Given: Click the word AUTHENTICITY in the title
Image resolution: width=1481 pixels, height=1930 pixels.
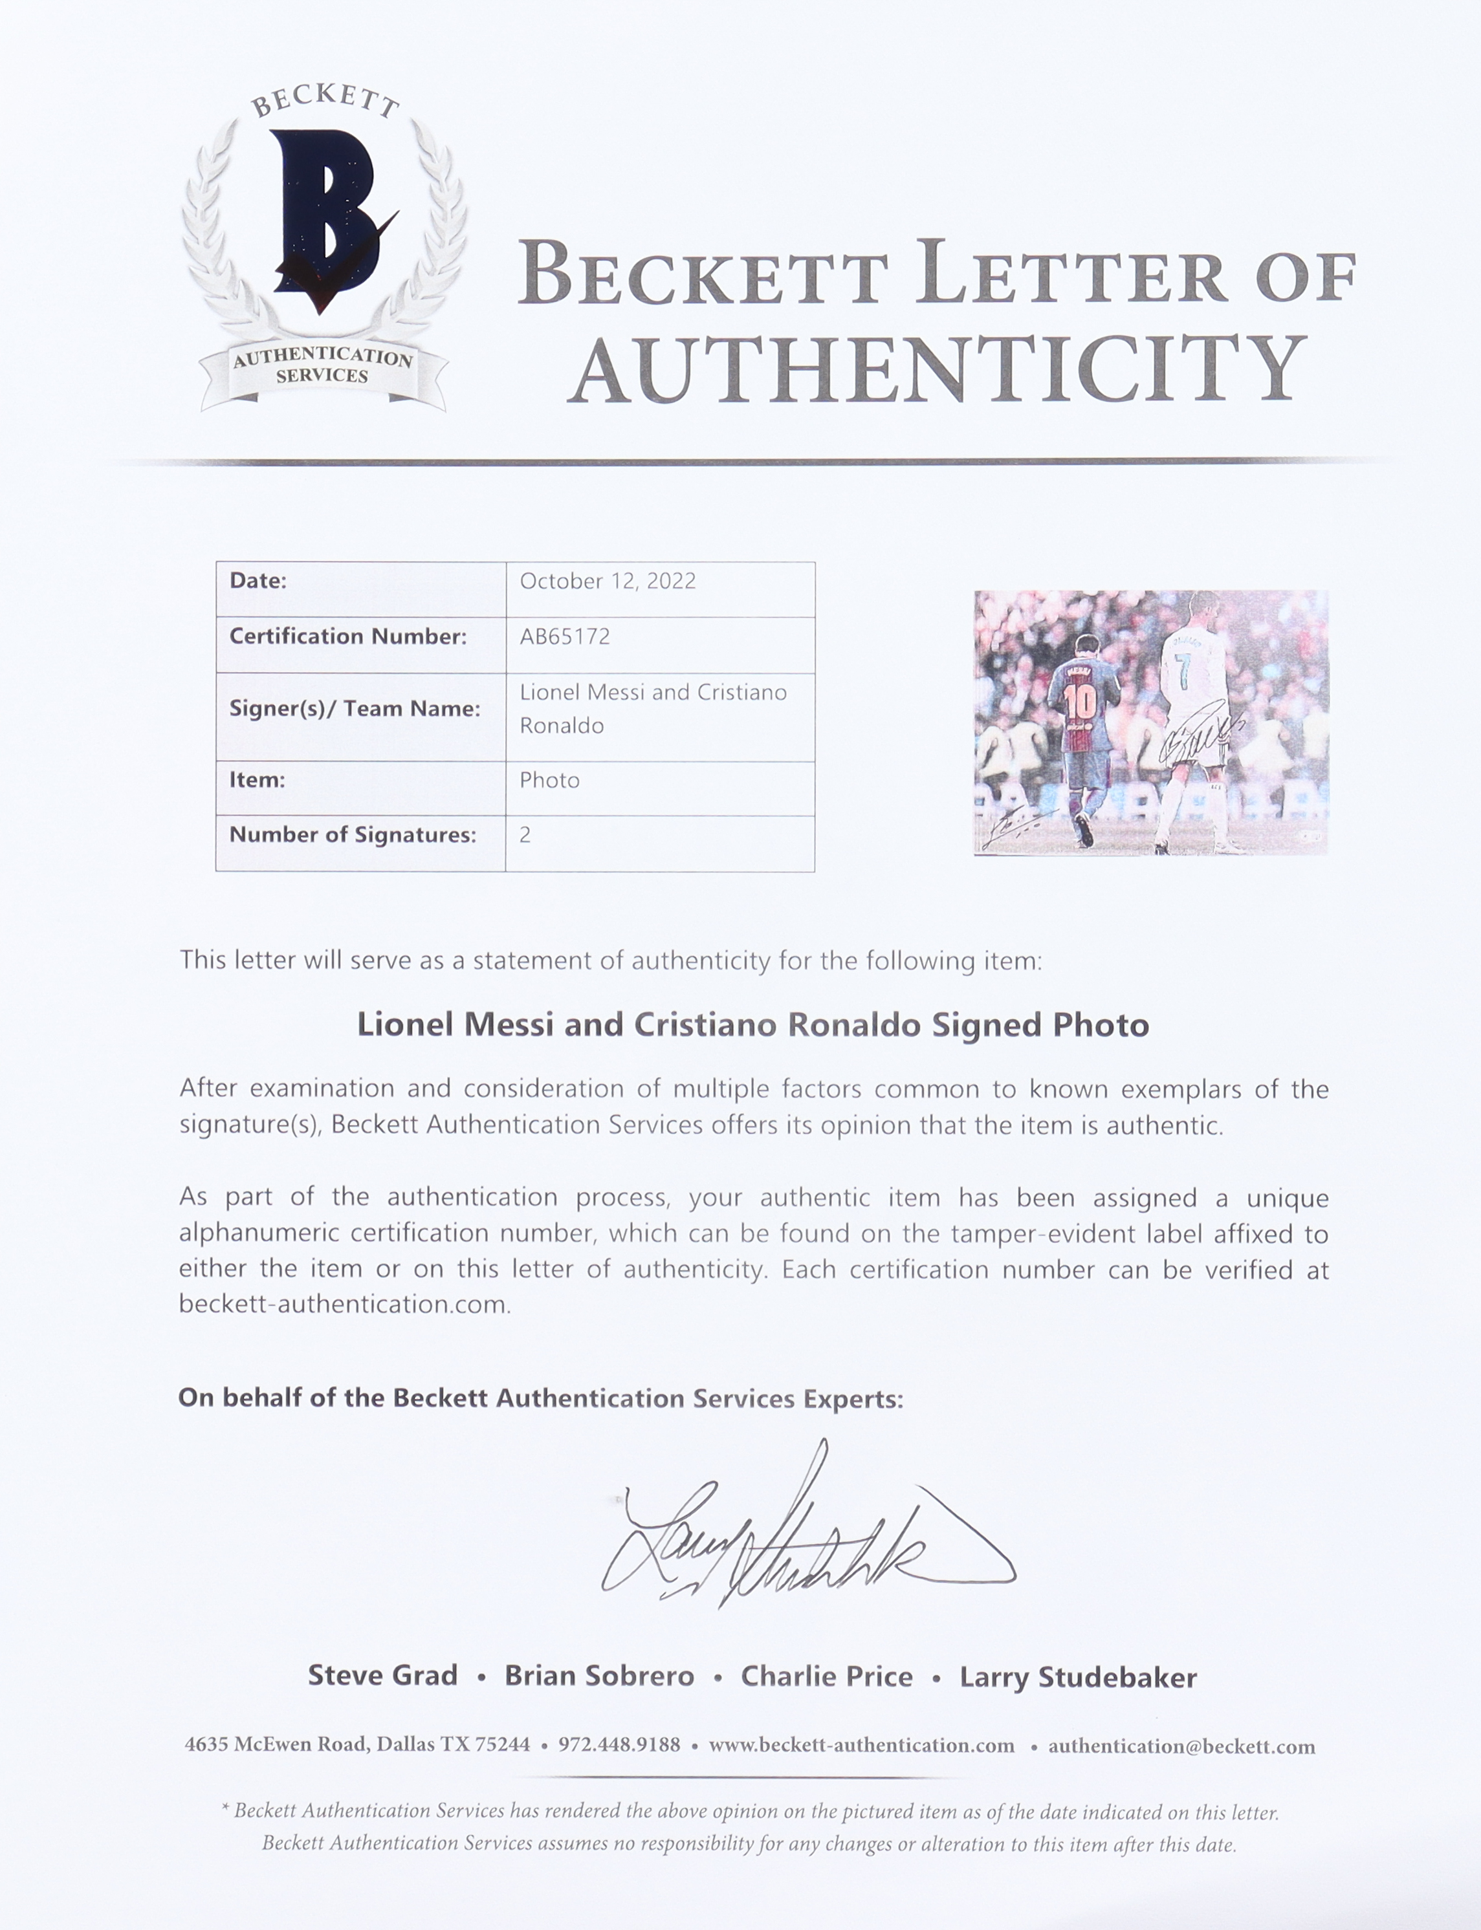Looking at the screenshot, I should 938,369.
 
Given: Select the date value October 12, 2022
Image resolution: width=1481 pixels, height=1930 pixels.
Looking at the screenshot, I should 608,581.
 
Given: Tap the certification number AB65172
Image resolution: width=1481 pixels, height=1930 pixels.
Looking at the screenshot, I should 564,636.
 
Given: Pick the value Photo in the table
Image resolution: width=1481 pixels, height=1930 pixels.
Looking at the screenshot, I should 549,780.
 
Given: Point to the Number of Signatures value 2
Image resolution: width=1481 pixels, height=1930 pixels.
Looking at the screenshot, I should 525,834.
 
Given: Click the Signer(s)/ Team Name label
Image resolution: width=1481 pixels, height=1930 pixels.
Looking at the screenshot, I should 355,708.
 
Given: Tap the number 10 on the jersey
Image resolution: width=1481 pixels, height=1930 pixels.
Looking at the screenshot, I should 1079,703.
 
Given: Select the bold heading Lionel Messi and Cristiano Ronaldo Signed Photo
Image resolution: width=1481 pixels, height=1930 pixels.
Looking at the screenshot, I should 753,1025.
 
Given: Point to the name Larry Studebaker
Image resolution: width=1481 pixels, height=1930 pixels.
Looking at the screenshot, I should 1078,1676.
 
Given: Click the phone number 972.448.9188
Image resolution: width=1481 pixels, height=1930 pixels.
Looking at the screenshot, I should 619,1745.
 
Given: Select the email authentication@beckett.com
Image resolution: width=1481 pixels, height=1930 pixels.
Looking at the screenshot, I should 1181,1746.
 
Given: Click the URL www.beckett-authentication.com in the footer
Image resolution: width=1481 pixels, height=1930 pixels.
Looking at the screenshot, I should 861,1745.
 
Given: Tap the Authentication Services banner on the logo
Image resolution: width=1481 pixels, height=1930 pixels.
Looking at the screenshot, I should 323,365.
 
